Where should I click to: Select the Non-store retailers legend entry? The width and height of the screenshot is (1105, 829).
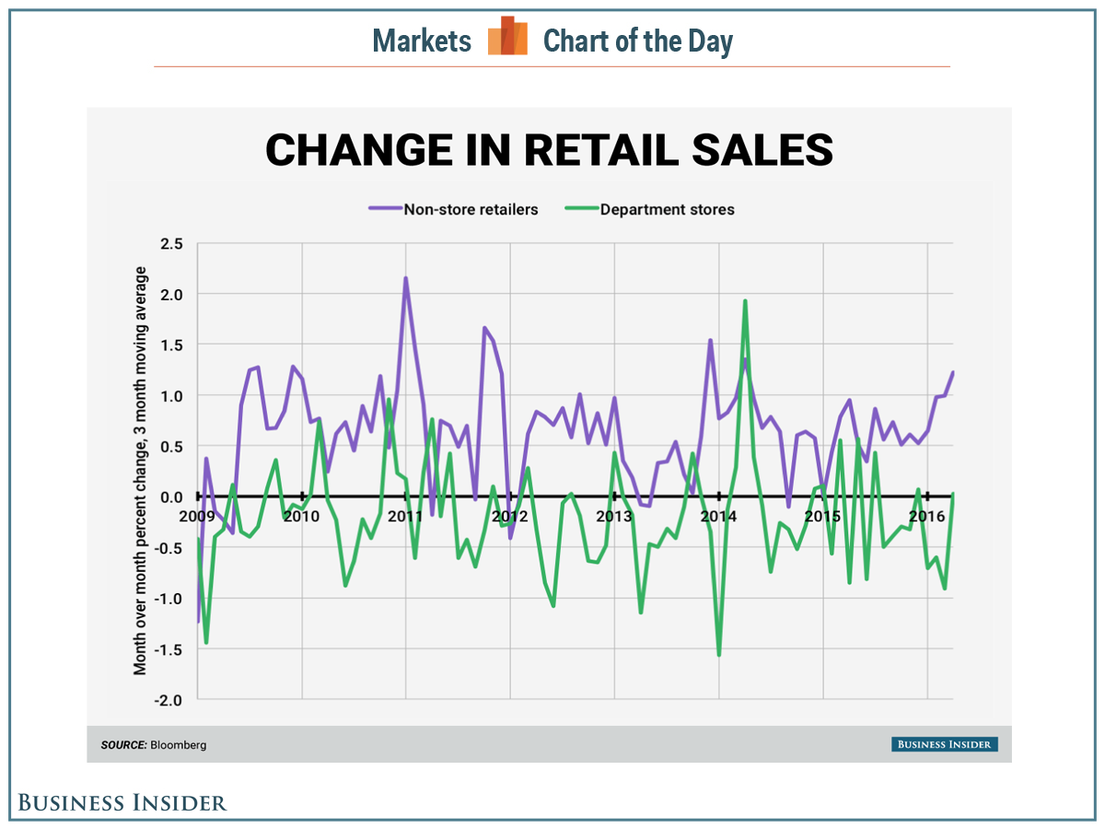point(471,209)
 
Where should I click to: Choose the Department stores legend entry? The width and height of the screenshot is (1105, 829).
point(667,209)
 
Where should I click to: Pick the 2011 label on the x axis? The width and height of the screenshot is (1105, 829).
point(405,516)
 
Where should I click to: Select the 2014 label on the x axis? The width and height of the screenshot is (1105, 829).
point(718,516)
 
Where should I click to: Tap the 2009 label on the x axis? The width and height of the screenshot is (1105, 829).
point(198,516)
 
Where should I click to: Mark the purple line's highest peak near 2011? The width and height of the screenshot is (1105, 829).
point(405,278)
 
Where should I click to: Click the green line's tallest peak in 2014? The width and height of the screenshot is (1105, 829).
point(744,301)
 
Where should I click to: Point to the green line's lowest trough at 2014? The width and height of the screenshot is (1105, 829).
point(718,655)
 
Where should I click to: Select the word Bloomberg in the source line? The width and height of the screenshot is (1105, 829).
point(179,745)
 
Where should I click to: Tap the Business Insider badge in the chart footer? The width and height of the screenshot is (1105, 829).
point(944,744)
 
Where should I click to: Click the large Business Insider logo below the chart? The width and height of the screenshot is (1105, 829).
point(122,802)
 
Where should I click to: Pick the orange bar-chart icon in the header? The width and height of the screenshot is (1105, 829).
point(507,37)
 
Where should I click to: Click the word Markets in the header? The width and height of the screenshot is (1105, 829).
point(422,41)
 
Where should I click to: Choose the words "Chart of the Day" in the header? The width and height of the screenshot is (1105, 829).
point(637,41)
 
